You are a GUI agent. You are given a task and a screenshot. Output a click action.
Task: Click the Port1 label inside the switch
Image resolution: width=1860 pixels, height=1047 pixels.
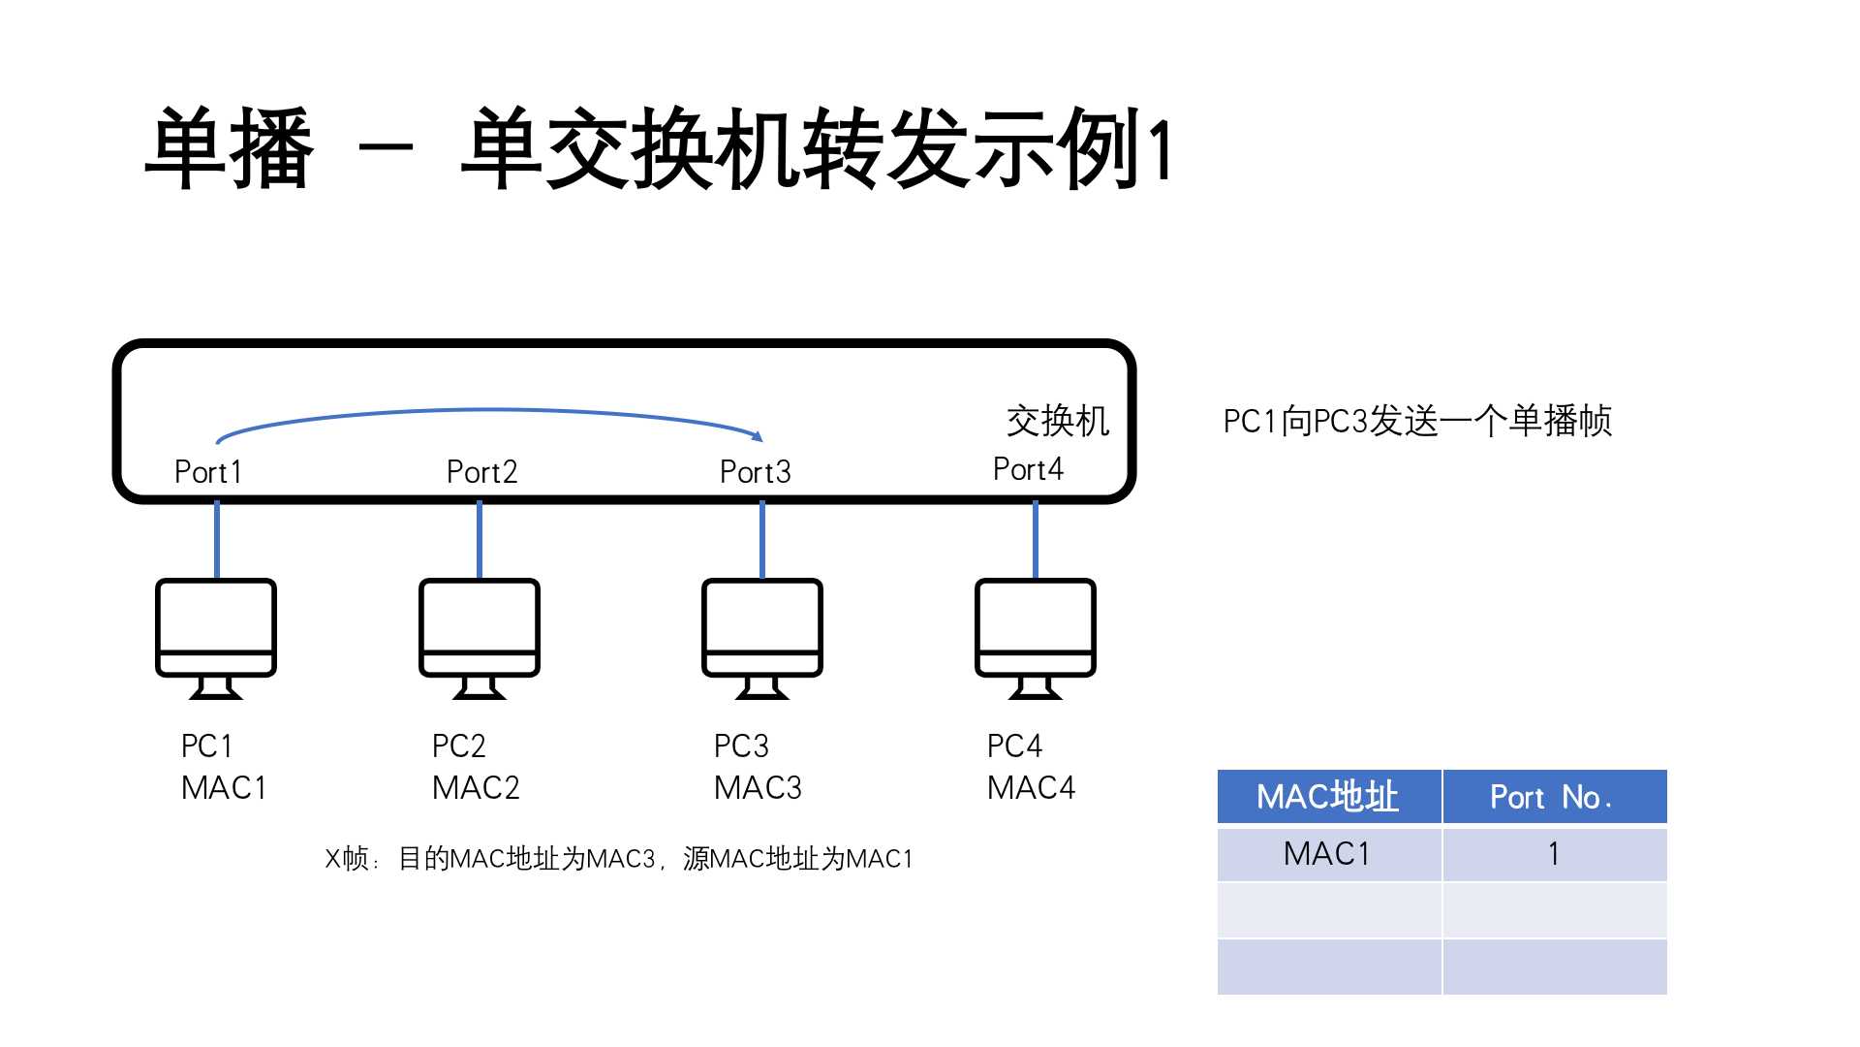click(207, 472)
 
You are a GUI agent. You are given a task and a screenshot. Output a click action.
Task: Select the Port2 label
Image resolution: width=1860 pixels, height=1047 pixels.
click(481, 472)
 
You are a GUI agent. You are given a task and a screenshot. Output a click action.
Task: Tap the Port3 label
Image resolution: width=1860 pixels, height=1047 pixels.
click(755, 472)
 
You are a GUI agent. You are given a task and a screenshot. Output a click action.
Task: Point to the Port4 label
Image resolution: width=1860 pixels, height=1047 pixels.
click(1028, 469)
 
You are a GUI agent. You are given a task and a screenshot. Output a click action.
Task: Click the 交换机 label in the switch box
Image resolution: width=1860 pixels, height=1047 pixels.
click(1057, 421)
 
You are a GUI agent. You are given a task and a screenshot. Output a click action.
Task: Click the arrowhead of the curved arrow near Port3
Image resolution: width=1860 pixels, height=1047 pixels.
click(759, 436)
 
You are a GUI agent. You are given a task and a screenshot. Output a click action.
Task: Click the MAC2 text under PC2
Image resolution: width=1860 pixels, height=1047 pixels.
click(476, 788)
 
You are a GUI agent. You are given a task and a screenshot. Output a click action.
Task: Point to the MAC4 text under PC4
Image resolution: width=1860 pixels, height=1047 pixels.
click(1031, 788)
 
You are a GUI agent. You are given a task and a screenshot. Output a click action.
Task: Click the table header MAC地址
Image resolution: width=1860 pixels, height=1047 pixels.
click(1327, 797)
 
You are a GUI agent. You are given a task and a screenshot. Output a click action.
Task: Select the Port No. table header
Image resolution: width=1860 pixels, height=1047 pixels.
click(1552, 797)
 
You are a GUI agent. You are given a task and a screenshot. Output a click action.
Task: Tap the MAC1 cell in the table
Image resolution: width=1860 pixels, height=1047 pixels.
click(1327, 854)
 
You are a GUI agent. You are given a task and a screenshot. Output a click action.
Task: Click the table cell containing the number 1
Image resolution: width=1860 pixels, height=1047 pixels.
click(1554, 854)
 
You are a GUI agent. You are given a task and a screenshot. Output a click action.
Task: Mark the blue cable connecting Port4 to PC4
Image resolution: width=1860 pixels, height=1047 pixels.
click(1036, 540)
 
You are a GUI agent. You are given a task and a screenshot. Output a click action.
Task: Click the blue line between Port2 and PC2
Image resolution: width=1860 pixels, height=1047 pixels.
click(480, 540)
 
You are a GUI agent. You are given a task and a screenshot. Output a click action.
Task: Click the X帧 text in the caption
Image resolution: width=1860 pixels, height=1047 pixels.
click(347, 859)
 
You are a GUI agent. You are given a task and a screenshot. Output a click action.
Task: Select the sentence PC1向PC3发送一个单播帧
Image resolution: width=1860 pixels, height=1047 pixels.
click(1416, 422)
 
